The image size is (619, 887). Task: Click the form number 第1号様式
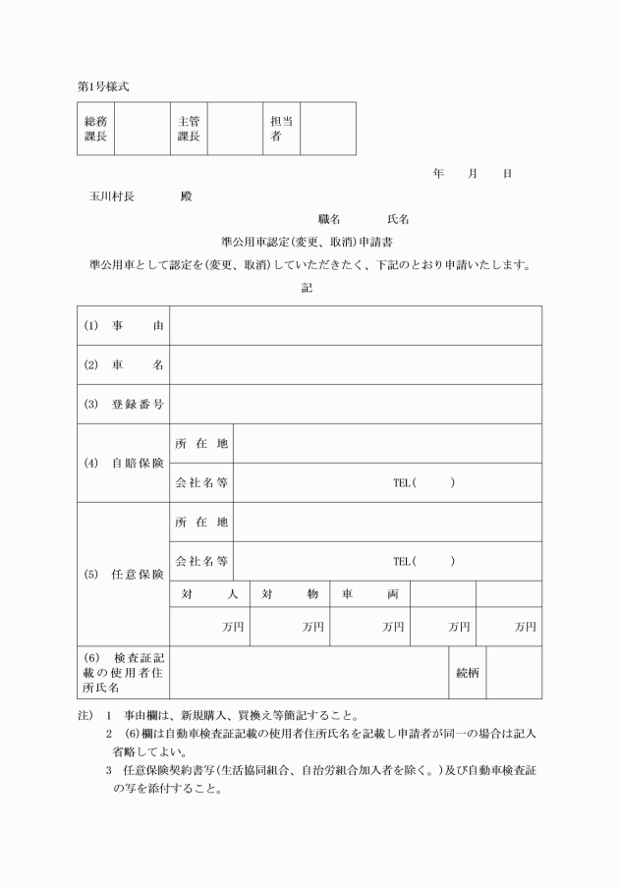103,86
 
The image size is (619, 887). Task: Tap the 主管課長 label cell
189,129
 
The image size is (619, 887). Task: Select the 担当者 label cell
281,129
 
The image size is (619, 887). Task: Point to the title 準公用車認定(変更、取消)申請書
309,241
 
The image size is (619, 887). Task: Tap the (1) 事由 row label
124,325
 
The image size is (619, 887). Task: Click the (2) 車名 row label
124,364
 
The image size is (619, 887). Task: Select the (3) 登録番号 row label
124,404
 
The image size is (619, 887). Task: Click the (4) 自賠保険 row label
124,463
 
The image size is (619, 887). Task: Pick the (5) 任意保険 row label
124,574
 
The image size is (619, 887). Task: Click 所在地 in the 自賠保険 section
201,443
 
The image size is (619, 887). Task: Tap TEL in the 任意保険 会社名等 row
402,561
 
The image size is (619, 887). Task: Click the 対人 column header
209,593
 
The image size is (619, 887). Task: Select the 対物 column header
290,593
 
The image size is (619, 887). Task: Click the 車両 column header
369,593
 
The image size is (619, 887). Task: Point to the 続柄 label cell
467,673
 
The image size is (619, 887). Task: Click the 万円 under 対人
233,627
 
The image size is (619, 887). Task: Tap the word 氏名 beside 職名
398,218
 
